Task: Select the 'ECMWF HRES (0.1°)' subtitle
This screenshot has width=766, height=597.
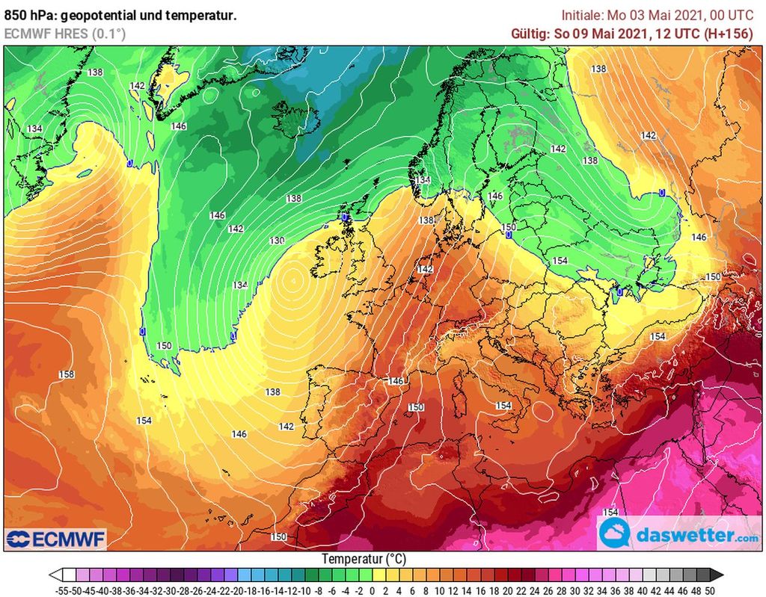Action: pyautogui.click(x=65, y=34)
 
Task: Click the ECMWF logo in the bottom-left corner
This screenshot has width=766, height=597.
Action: pyautogui.click(x=56, y=538)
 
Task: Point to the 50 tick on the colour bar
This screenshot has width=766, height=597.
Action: pyautogui.click(x=709, y=590)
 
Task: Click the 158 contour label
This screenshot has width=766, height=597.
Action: pyautogui.click(x=67, y=374)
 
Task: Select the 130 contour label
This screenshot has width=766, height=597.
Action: pyautogui.click(x=278, y=241)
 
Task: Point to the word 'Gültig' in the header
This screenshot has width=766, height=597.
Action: pyautogui.click(x=530, y=34)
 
